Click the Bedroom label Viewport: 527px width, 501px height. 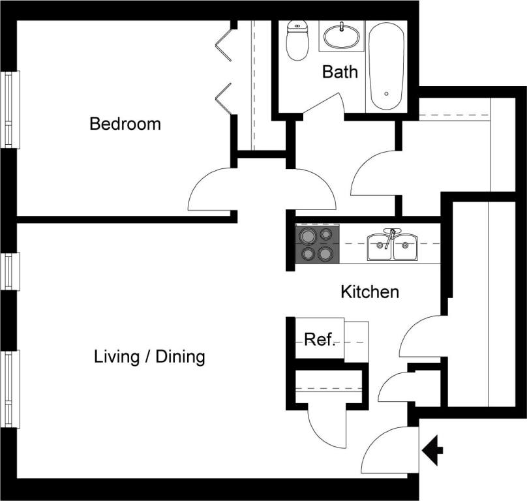(125, 123)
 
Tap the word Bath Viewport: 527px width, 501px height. (340, 72)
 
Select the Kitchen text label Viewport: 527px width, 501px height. (370, 292)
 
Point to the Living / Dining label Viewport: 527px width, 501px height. (149, 357)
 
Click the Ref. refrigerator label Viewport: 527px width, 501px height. (320, 340)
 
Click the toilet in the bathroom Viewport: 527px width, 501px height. (297, 40)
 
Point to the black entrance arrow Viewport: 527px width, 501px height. (433, 449)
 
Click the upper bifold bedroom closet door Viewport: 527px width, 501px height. (224, 43)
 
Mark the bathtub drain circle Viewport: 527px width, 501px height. (387, 93)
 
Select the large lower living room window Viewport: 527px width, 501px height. (9, 389)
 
